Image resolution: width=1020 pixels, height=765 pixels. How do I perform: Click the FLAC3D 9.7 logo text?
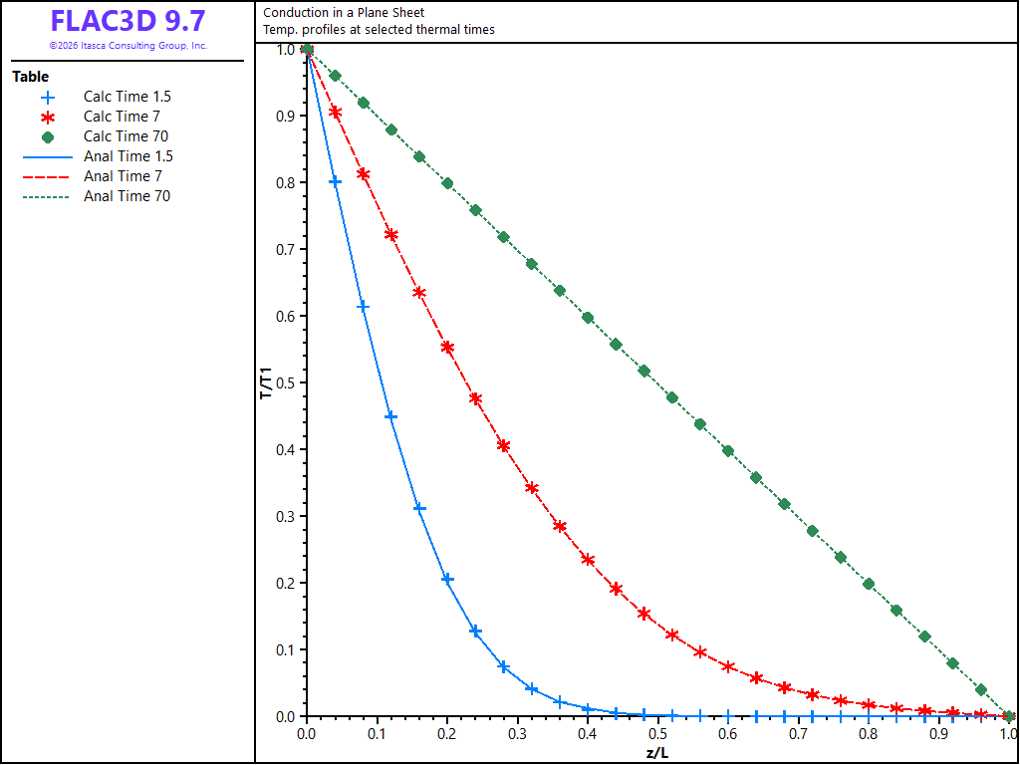click(127, 21)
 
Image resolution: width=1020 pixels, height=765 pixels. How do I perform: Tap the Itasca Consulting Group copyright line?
click(128, 46)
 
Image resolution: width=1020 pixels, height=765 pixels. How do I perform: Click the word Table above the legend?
click(31, 77)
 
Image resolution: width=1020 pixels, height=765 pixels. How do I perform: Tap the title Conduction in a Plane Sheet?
click(344, 12)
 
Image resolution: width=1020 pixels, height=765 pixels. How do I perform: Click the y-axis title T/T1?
click(266, 382)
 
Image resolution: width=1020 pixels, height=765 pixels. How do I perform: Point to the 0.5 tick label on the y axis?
click(286, 382)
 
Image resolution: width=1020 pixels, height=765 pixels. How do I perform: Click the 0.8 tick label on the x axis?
click(869, 734)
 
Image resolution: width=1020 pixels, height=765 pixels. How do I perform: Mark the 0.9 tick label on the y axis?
click(286, 116)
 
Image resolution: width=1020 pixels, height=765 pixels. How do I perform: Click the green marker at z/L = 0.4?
click(588, 318)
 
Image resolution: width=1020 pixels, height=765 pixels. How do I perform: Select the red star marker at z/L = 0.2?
click(447, 347)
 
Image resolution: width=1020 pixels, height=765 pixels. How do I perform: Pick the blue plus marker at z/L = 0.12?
click(390, 416)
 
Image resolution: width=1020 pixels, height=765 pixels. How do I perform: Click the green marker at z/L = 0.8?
click(869, 584)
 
